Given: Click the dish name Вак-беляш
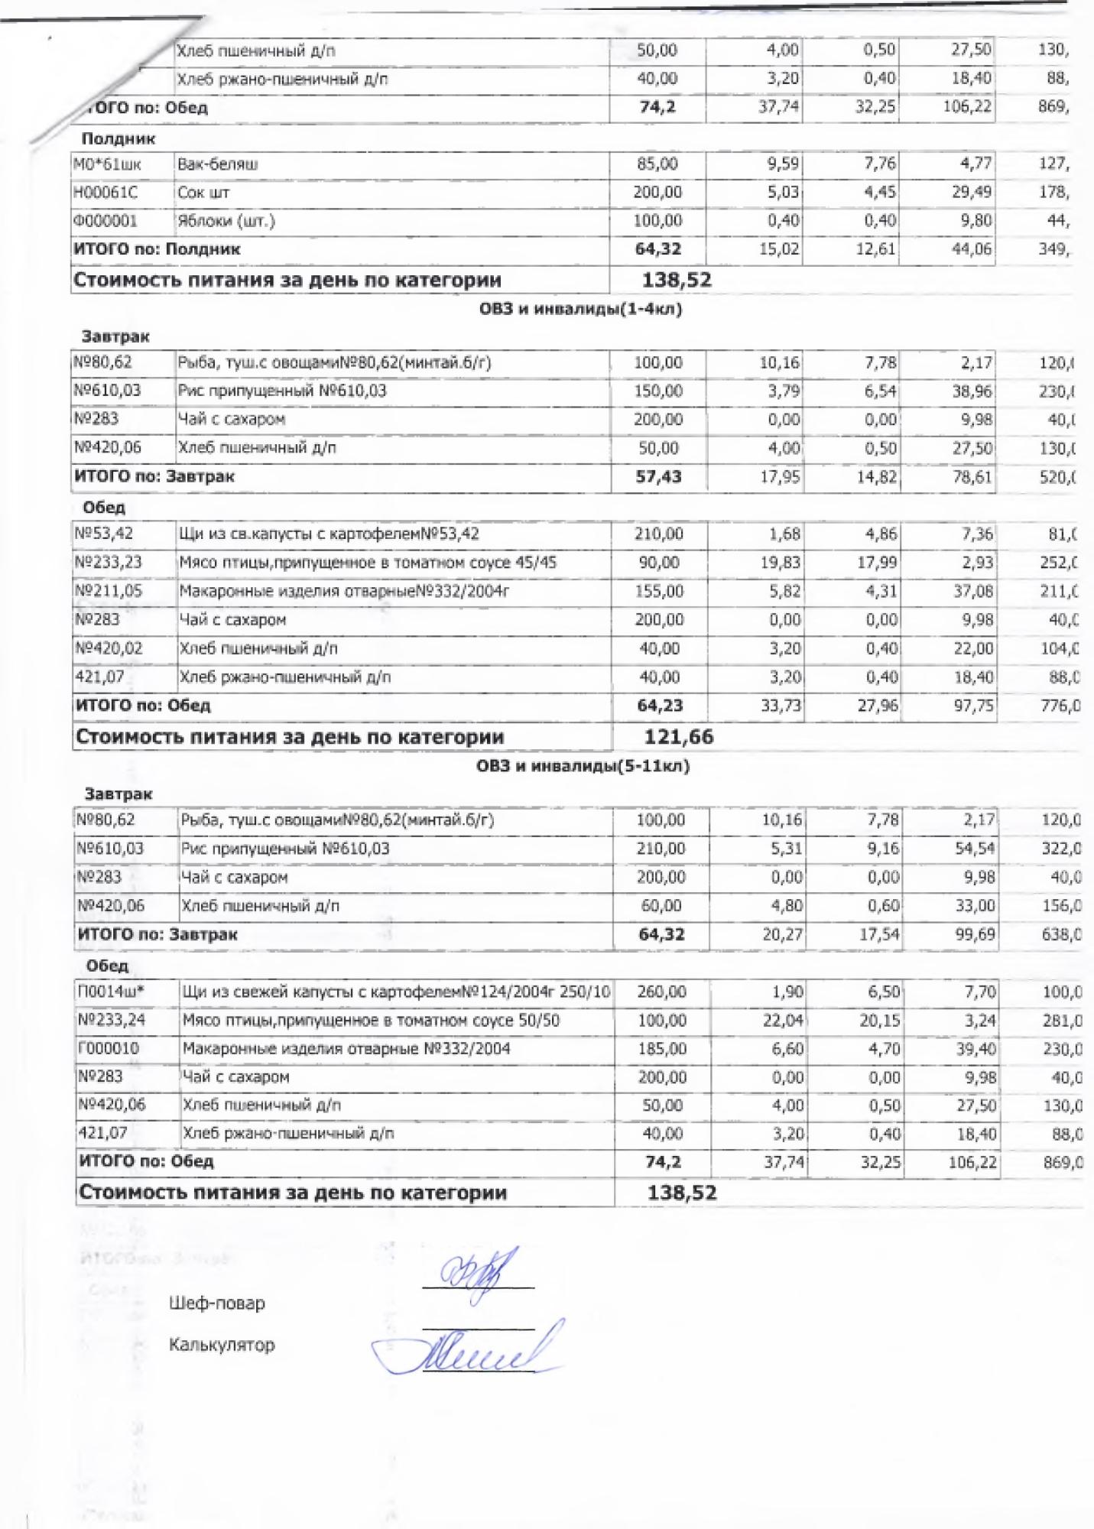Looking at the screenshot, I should [x=218, y=164].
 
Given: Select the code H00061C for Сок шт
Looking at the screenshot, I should [x=106, y=193].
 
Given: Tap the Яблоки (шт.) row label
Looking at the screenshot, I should [x=226, y=221].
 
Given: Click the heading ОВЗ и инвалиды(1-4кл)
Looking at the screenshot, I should [x=580, y=309].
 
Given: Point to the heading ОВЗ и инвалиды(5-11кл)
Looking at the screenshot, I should [x=583, y=766].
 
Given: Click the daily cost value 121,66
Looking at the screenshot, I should [x=679, y=737].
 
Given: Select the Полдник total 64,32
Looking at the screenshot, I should [x=658, y=249].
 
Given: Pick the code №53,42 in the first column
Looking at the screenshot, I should [x=104, y=534].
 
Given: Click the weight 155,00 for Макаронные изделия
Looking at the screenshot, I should [x=658, y=591].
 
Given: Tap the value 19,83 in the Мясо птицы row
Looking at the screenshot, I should [x=781, y=563].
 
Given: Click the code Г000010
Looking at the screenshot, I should [x=109, y=1048].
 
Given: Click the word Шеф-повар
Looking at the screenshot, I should [x=217, y=1303].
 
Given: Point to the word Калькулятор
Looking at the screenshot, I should [x=222, y=1345].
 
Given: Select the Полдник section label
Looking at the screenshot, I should [x=118, y=139].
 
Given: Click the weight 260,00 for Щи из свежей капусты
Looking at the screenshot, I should [x=661, y=992].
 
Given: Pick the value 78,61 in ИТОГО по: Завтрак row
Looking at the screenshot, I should [x=972, y=477].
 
